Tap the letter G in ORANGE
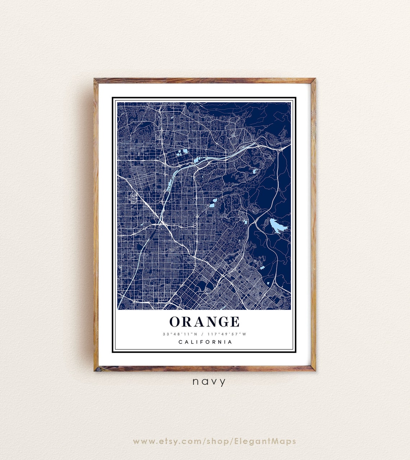220,322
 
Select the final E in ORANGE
234,322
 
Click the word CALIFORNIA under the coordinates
205,342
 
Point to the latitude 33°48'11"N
180,334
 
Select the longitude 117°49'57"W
227,334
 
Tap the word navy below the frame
209,382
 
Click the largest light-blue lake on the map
277,226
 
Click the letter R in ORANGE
187,322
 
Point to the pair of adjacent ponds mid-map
213,203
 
